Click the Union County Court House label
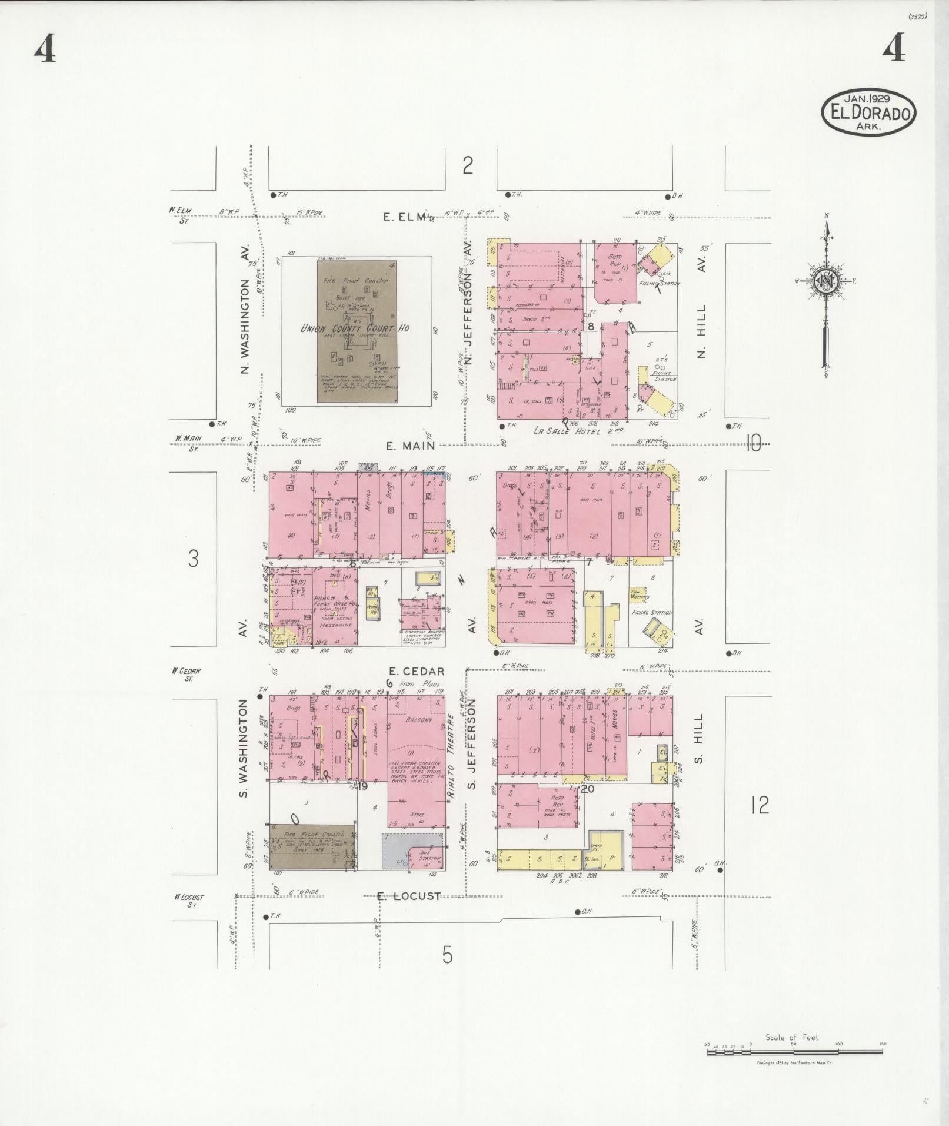coord(355,328)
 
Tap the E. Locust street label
coord(408,913)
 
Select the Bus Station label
coord(429,855)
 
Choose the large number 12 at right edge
coord(760,805)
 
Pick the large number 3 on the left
coord(194,558)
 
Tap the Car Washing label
coord(640,594)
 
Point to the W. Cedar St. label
coord(187,674)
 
